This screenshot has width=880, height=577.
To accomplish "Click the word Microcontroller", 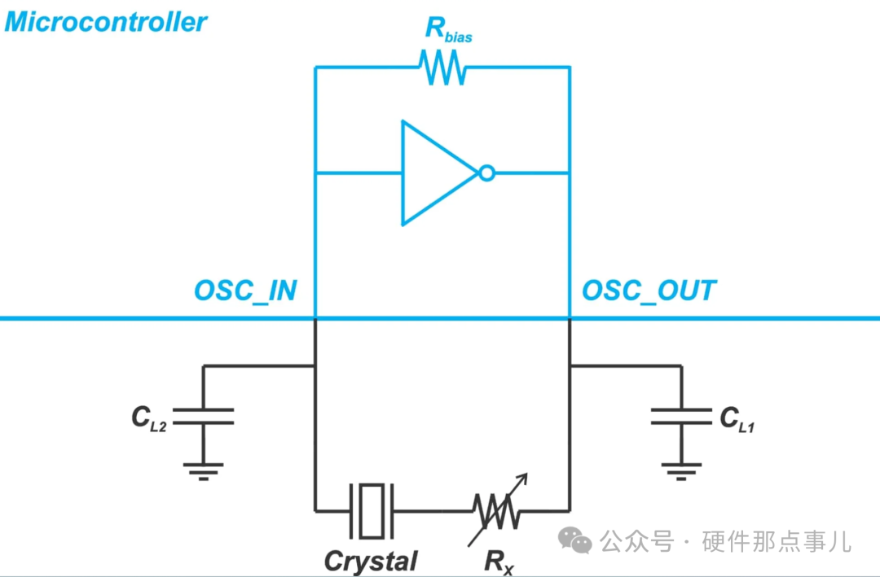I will [x=106, y=22].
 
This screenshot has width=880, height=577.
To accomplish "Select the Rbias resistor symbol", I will [x=442, y=68].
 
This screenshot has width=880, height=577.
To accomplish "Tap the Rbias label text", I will [x=448, y=29].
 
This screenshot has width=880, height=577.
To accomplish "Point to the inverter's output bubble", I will [x=486, y=173].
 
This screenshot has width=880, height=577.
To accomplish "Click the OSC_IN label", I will [x=245, y=291].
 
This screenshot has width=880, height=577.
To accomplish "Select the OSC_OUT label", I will [x=649, y=291].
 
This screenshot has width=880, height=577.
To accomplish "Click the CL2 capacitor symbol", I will [x=203, y=416].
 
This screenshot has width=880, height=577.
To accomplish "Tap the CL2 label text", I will [x=149, y=418].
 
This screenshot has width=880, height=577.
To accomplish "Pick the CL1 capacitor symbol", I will [x=681, y=417].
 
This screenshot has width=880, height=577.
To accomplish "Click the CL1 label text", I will [x=737, y=418].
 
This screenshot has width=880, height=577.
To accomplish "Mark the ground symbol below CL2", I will [x=203, y=468].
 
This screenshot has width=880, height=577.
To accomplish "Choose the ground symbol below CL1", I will [x=681, y=468].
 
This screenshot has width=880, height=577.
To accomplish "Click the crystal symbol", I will [x=372, y=510].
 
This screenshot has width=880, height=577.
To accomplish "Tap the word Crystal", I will [x=371, y=561].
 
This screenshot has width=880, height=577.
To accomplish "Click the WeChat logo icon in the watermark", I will [x=574, y=540].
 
